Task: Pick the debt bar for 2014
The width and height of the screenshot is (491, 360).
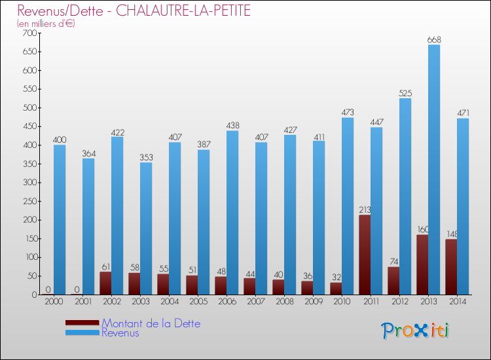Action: (451, 266)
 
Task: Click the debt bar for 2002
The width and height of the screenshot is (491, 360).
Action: (105, 283)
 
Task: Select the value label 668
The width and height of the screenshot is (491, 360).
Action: (434, 40)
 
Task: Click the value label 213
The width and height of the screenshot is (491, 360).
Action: (365, 210)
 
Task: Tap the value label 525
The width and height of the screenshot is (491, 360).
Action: (405, 94)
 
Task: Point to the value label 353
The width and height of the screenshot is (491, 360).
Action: (146, 158)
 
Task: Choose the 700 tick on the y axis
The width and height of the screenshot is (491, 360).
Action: (30, 33)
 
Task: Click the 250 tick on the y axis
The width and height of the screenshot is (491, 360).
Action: (30, 201)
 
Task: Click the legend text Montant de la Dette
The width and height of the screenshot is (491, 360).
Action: (151, 323)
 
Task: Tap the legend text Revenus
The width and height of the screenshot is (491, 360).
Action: (120, 333)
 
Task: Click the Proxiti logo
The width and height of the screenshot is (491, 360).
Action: (416, 331)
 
